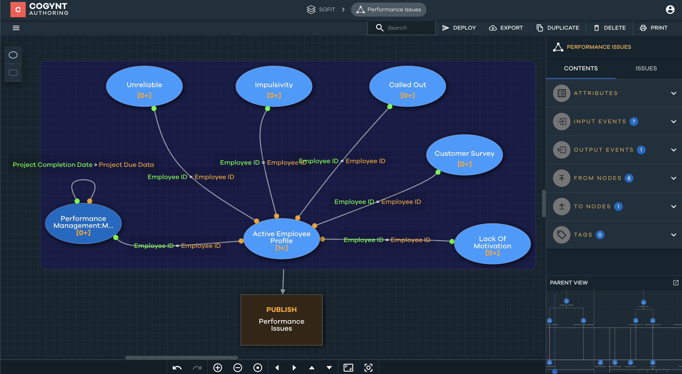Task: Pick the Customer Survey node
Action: [x=464, y=155]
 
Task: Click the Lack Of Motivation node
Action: [x=492, y=244]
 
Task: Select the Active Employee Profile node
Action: [x=282, y=238]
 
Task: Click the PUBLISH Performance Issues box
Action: [x=282, y=320]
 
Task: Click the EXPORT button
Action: [x=506, y=28]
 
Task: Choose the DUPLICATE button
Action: [x=558, y=28]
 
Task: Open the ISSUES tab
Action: [x=646, y=68]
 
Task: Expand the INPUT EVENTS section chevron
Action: [x=674, y=122]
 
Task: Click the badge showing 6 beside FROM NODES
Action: [x=629, y=178]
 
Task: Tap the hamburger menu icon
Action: [x=16, y=28]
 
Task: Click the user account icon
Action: [x=670, y=10]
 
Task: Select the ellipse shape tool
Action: [x=13, y=55]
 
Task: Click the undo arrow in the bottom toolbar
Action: [x=177, y=367]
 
